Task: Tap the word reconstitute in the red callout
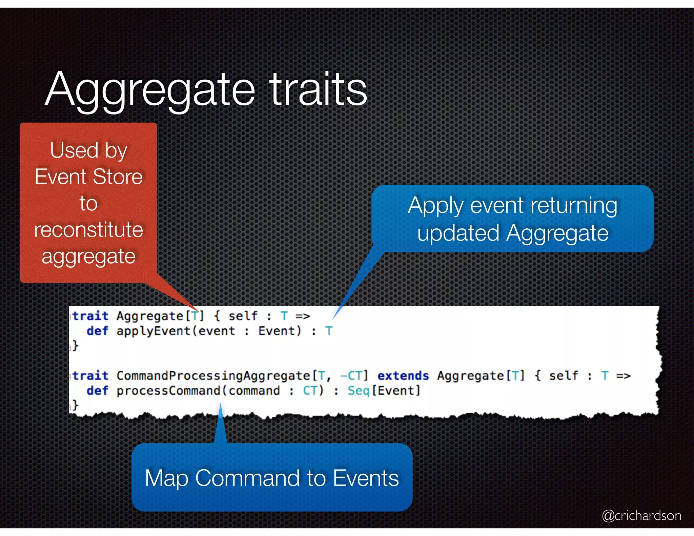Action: [x=88, y=230]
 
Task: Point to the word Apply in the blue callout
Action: [x=435, y=206]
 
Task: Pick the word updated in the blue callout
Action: [x=458, y=233]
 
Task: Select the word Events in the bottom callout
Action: [x=366, y=478]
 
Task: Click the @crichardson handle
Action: [x=641, y=515]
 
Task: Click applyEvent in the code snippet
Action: [x=153, y=331]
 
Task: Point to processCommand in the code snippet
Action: [x=168, y=391]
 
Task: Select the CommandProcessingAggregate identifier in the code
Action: [x=213, y=376]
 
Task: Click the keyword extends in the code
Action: [x=403, y=376]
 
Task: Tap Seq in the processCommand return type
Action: [x=358, y=391]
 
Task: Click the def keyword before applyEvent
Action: [x=97, y=331]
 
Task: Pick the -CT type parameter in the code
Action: [x=351, y=376]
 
